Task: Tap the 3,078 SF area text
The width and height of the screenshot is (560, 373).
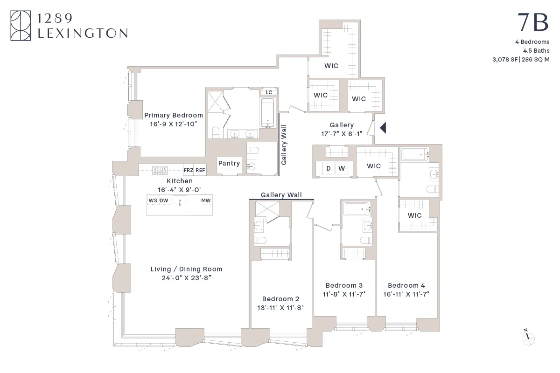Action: [x=506, y=59]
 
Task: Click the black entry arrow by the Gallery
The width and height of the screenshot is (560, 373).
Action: [x=383, y=127]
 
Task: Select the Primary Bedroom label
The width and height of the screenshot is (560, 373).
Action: [x=173, y=115]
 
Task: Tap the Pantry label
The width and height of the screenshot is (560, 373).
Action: [x=229, y=163]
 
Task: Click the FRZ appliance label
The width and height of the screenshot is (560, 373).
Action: [x=188, y=171]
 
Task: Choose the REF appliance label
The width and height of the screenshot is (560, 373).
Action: [x=200, y=171]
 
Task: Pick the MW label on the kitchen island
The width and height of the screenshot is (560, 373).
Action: [x=206, y=200]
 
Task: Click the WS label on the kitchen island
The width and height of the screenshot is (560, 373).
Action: [x=153, y=200]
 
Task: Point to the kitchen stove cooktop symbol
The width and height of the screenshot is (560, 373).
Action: [x=160, y=171]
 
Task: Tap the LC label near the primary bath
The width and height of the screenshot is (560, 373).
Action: [x=269, y=92]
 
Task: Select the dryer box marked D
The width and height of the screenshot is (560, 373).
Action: [x=328, y=168]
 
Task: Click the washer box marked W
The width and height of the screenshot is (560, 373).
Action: [x=342, y=168]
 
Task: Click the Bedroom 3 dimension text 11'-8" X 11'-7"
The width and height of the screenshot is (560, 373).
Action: [x=344, y=294]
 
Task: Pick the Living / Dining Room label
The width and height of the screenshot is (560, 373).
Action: [x=186, y=269]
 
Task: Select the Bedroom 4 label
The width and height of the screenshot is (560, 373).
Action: [x=406, y=285]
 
